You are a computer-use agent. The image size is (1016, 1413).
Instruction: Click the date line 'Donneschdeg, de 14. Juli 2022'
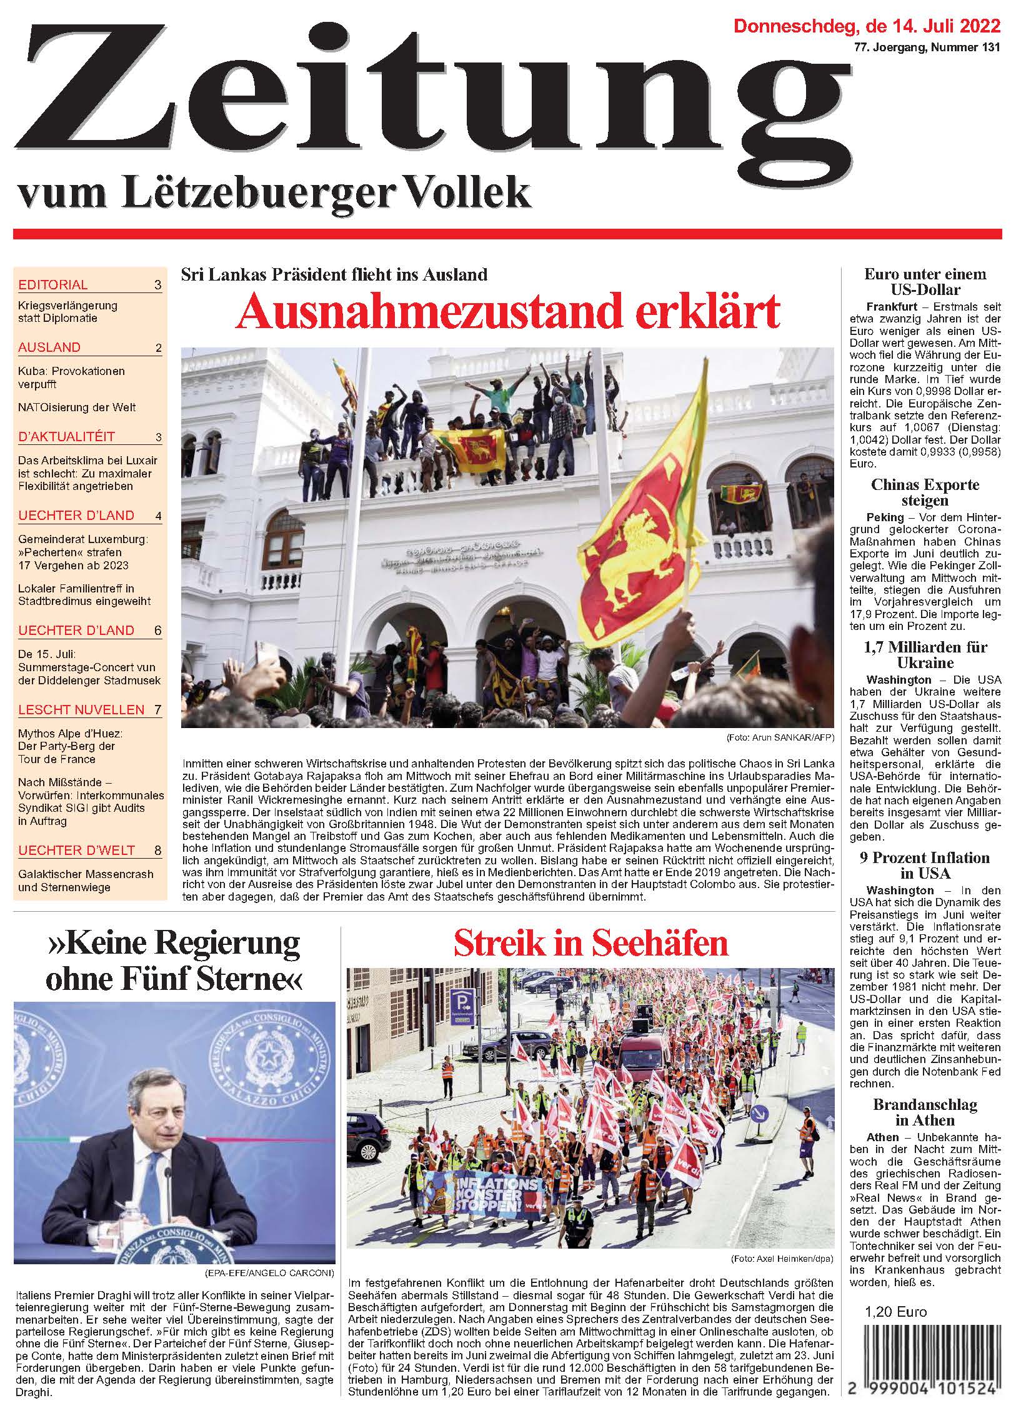(x=867, y=26)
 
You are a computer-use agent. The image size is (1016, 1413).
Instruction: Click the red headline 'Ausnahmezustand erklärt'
(x=509, y=311)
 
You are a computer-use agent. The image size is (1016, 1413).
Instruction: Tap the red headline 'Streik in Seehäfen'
(x=590, y=944)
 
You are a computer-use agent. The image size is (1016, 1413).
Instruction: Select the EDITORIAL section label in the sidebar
(x=53, y=285)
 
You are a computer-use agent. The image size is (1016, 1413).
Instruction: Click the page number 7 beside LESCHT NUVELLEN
(x=157, y=709)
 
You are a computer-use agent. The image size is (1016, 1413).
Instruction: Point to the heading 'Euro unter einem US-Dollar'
(x=925, y=281)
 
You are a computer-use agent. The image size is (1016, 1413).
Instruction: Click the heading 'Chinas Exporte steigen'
(x=925, y=492)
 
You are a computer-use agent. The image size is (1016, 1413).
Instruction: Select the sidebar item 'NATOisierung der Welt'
(x=77, y=407)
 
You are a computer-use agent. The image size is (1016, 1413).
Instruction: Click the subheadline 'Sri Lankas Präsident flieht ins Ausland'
(x=334, y=274)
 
